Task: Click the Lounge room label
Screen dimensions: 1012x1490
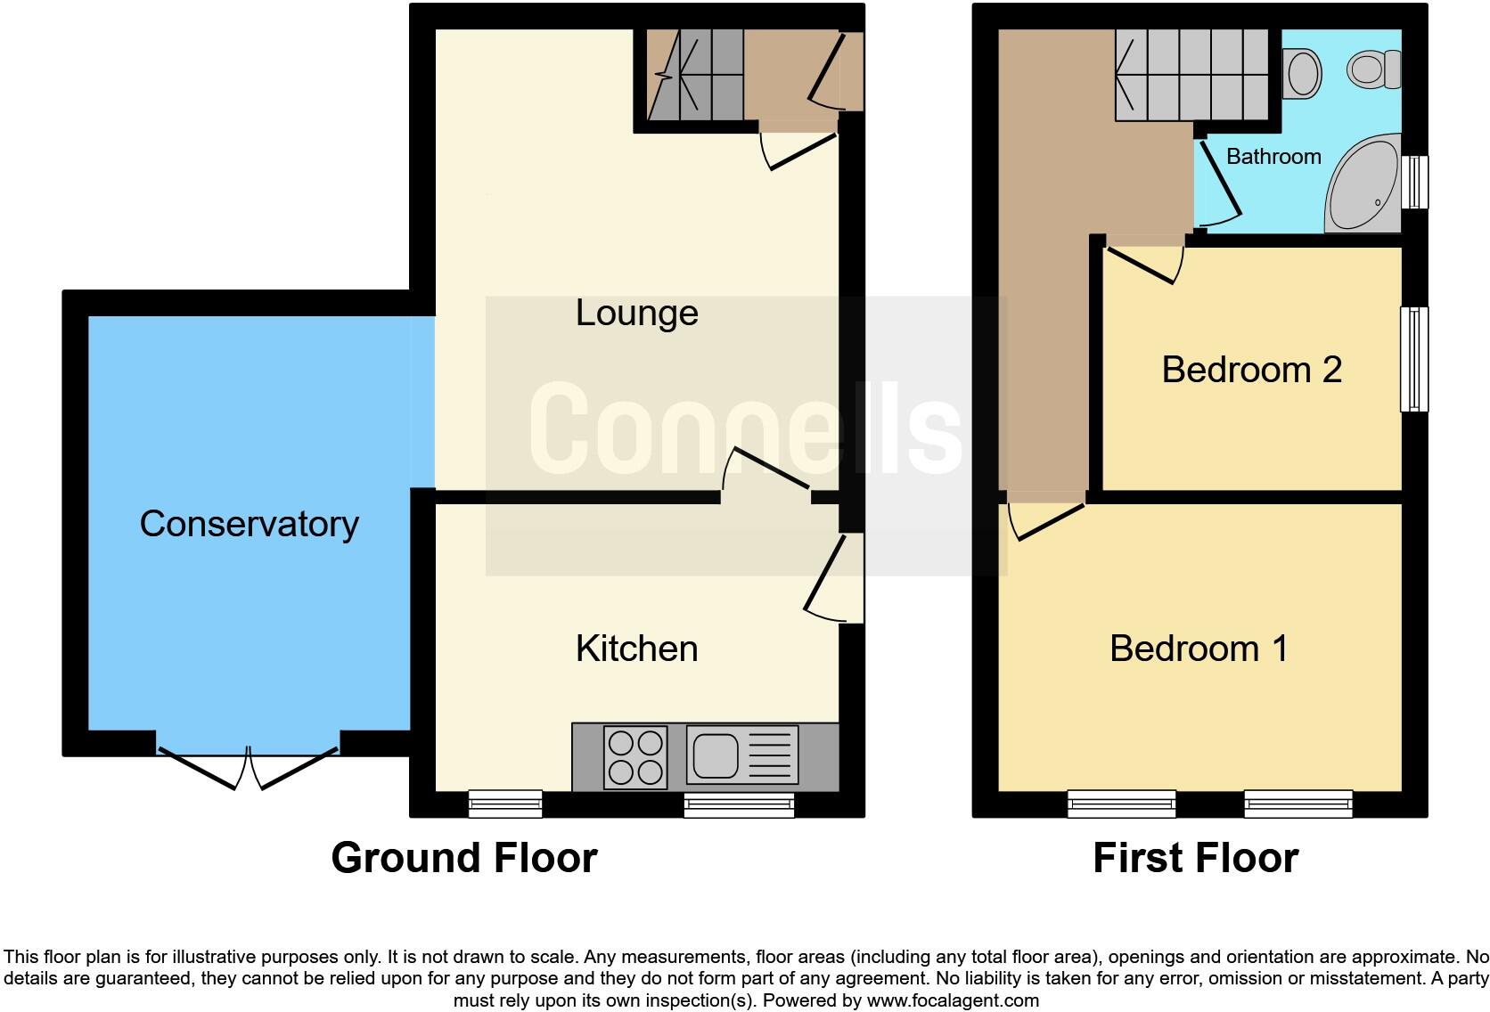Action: (x=636, y=314)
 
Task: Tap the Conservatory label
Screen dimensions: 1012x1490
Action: (x=249, y=524)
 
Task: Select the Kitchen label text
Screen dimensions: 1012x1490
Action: (x=636, y=649)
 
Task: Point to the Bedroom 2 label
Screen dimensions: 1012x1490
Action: (x=1251, y=370)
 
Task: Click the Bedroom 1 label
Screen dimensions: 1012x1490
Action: (x=1199, y=649)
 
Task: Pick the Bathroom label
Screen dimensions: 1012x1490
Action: (x=1273, y=157)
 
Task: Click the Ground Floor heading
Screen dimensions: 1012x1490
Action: (x=463, y=858)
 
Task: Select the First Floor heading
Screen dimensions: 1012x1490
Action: (x=1195, y=858)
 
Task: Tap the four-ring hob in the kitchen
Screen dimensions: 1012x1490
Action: (x=635, y=757)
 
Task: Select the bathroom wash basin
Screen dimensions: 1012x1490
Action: (x=1303, y=72)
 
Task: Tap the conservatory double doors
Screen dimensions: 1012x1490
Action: (x=248, y=768)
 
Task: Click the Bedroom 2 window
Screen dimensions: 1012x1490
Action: (x=1413, y=359)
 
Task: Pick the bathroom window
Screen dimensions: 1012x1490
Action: (x=1414, y=183)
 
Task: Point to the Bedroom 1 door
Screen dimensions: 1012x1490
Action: (x=1044, y=518)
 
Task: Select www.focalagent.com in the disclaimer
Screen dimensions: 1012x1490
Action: (x=952, y=1000)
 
